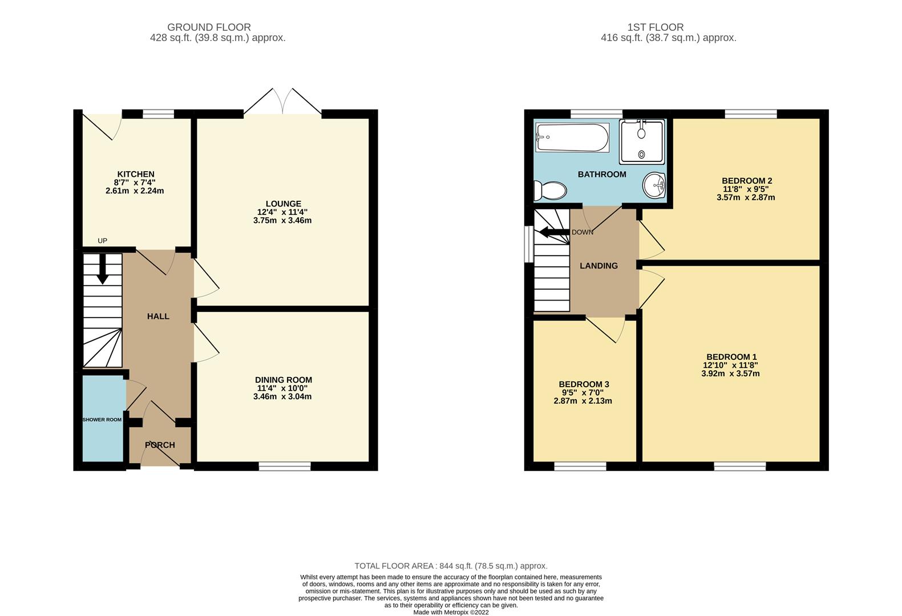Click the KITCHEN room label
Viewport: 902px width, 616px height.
(x=136, y=174)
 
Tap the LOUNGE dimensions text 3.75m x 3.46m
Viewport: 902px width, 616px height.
(x=282, y=220)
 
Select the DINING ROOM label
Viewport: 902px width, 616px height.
(x=283, y=380)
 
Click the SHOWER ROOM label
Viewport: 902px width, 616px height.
(x=102, y=420)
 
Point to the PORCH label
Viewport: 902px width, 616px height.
(x=160, y=445)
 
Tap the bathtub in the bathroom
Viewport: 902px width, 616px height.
(x=572, y=138)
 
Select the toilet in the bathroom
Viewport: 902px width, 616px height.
(x=549, y=190)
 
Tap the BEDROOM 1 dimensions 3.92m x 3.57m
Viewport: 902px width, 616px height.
(x=730, y=374)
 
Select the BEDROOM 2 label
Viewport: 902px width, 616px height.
(x=746, y=181)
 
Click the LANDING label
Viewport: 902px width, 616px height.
(x=598, y=266)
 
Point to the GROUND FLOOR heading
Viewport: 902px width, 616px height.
(x=209, y=27)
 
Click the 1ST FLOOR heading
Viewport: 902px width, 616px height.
(x=655, y=27)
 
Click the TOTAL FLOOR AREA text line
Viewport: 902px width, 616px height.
(x=451, y=566)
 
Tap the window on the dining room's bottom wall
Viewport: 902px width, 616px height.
(x=285, y=467)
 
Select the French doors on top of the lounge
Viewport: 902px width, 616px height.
(x=282, y=103)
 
